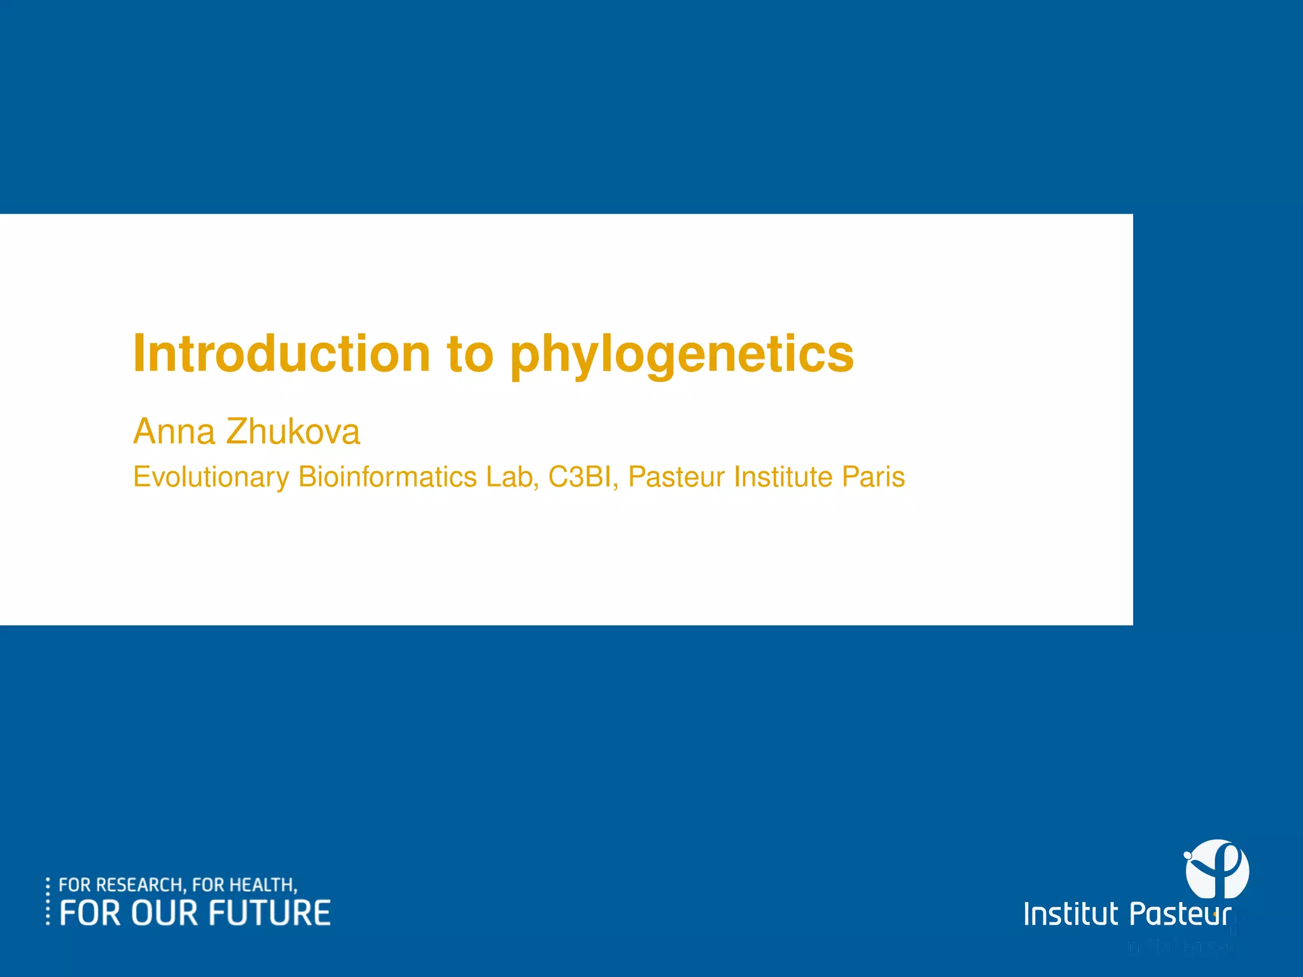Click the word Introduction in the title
pos(281,354)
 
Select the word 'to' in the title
pos(470,355)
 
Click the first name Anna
pos(174,432)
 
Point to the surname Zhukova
pos(293,432)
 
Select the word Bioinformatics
pos(387,477)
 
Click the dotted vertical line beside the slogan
pos(48,901)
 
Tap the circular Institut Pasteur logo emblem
pos(1216,869)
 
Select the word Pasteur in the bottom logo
pos(1180,915)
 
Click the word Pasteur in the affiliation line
pos(676,477)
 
